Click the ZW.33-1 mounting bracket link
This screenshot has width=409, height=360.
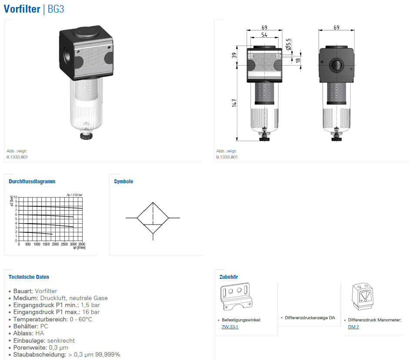(230, 327)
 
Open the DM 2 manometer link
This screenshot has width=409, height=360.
(353, 327)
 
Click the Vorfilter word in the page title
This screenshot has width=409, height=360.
(22, 9)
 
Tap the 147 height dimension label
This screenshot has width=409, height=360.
(234, 103)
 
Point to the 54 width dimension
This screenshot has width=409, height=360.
(264, 35)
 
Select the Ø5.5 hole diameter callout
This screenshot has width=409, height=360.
(288, 44)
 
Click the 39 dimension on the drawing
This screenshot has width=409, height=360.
(234, 55)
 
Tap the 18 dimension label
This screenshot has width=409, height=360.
(298, 60)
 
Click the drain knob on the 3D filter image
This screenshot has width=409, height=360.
(85, 136)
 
